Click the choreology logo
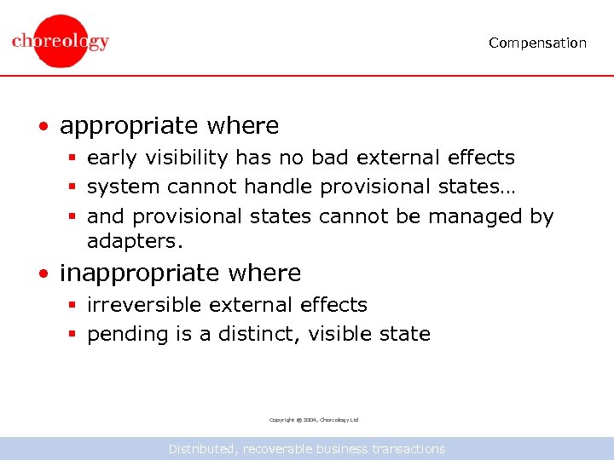pyautogui.click(x=61, y=41)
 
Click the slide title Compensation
pyautogui.click(x=537, y=43)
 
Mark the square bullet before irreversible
pyautogui.click(x=73, y=306)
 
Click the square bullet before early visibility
pyautogui.click(x=73, y=158)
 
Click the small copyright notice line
pyautogui.click(x=314, y=420)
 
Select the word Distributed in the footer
pyautogui.click(x=203, y=449)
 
